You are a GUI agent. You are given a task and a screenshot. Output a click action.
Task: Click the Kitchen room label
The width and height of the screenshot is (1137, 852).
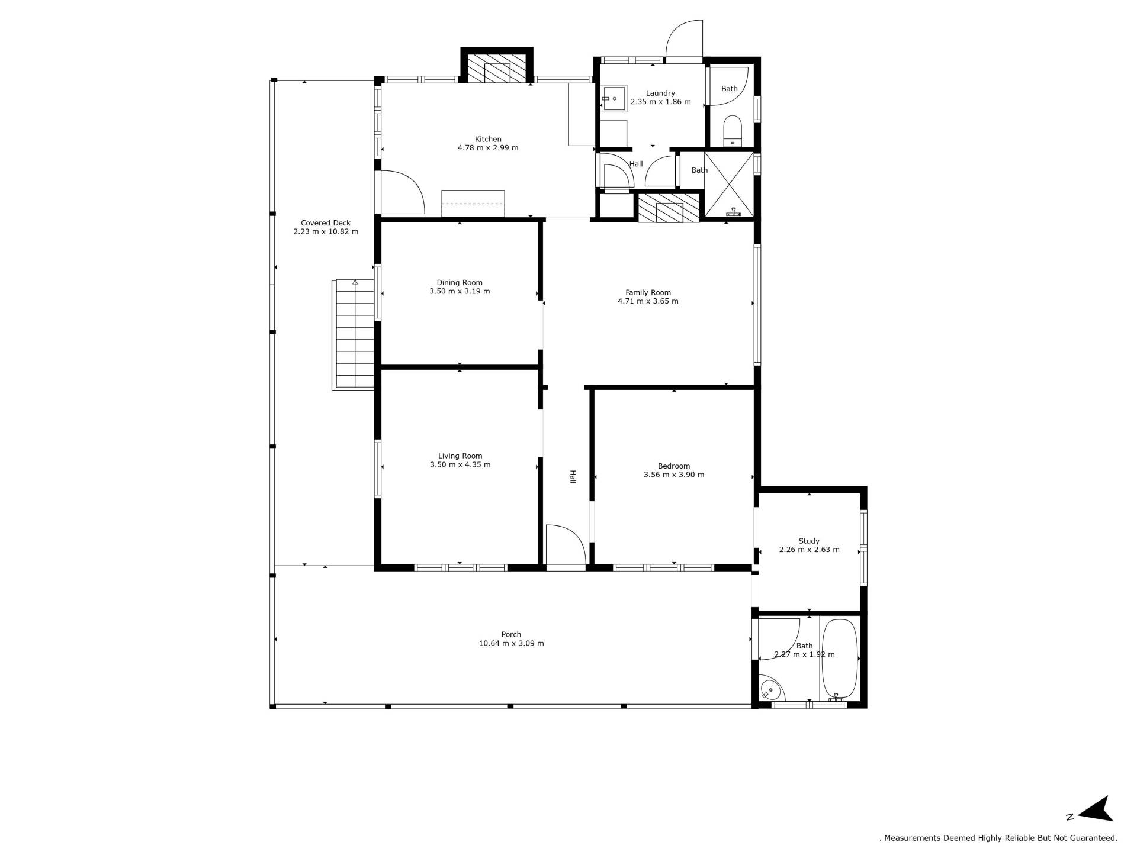pyautogui.click(x=488, y=140)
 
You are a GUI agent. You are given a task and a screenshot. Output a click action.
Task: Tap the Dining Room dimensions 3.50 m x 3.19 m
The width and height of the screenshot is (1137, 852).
pyautogui.click(x=460, y=291)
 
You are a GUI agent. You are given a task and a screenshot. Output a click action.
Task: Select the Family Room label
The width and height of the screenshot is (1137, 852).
pyautogui.click(x=648, y=292)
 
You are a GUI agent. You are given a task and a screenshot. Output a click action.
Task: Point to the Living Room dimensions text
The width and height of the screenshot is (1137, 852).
pyautogui.click(x=460, y=464)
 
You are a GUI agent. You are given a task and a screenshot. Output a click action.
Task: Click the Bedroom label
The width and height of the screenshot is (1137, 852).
pyautogui.click(x=674, y=466)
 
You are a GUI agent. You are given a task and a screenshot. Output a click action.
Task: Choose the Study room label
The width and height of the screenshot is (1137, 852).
pyautogui.click(x=809, y=541)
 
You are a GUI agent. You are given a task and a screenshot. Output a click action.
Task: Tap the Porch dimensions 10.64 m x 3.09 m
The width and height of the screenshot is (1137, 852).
pyautogui.click(x=511, y=643)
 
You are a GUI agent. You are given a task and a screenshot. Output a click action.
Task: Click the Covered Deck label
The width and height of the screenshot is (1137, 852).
pyautogui.click(x=326, y=223)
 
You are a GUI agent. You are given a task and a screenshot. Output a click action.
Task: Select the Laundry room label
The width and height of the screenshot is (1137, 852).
pyautogui.click(x=660, y=93)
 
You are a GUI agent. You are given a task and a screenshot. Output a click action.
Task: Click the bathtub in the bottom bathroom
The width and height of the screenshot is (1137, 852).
pyautogui.click(x=839, y=659)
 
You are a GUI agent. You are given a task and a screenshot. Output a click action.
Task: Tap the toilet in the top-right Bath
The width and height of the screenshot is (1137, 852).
pyautogui.click(x=733, y=130)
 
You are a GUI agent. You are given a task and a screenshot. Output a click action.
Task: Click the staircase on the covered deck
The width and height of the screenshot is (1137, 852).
pyautogui.click(x=354, y=334)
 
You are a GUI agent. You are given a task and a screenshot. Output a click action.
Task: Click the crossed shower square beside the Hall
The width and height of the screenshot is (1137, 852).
pyautogui.click(x=729, y=184)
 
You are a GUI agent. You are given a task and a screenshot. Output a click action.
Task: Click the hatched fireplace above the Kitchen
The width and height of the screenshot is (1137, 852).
pyautogui.click(x=497, y=69)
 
